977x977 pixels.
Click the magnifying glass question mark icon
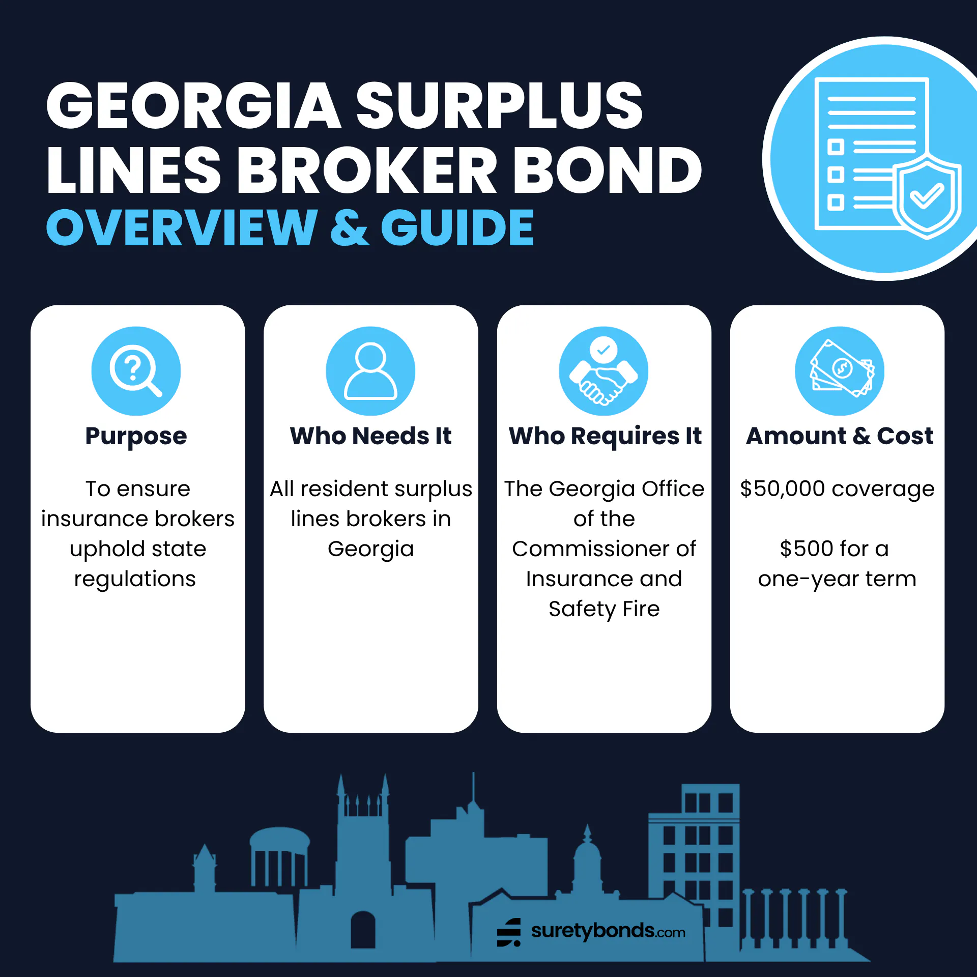136,371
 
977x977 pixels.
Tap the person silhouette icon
370,371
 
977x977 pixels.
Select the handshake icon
604,371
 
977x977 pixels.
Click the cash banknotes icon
840,371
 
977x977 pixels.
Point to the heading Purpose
136,437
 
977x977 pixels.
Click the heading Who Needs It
370,436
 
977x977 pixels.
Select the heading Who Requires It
605,437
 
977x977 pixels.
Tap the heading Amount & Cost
840,436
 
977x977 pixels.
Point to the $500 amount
806,549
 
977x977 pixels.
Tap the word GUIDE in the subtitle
457,227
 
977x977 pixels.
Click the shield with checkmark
927,197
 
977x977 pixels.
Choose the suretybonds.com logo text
608,931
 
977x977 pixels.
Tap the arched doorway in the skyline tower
363,929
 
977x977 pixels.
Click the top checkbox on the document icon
836,147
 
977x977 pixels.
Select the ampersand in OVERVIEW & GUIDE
350,227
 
